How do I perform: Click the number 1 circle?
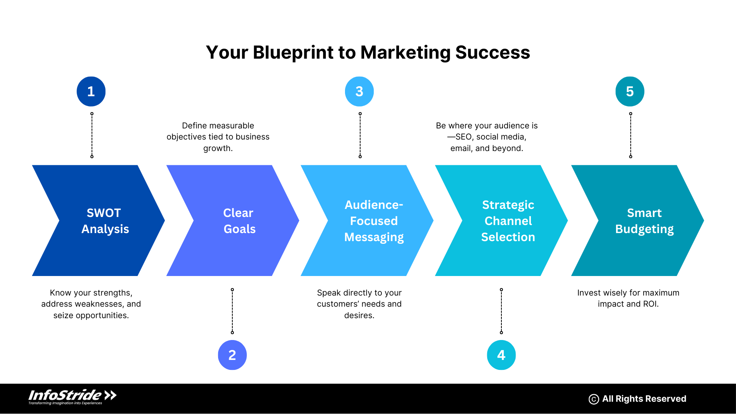91,91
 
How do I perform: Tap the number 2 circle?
232,355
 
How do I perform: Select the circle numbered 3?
359,91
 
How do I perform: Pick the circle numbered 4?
501,355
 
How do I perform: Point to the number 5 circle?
630,91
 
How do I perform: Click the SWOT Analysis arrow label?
105,221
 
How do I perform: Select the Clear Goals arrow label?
239,221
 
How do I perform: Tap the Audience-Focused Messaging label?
374,221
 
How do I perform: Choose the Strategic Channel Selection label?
508,221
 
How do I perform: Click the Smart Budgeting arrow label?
644,221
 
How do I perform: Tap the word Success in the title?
493,53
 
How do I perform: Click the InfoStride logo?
72,397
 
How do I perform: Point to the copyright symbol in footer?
593,399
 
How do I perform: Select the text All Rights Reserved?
644,399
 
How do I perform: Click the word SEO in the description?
464,137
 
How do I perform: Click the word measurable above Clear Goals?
234,126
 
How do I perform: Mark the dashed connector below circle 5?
631,135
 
